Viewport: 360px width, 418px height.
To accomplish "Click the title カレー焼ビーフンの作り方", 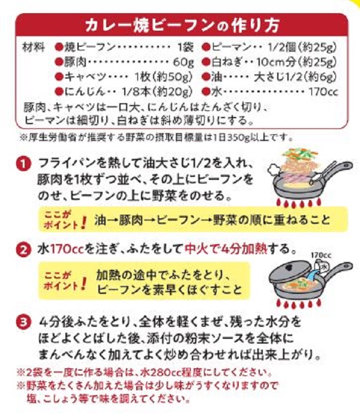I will pyautogui.click(x=180, y=26).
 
